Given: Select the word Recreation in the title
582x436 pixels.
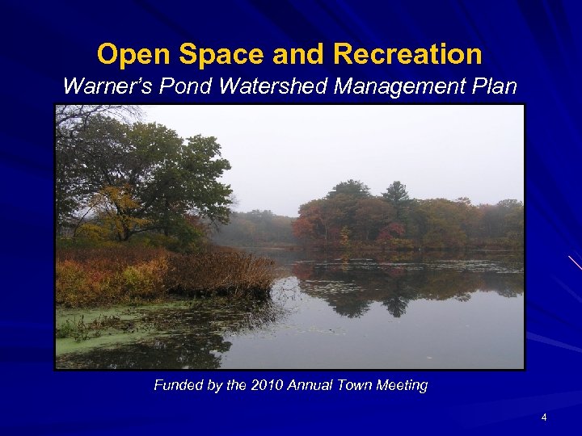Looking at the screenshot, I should (407, 55).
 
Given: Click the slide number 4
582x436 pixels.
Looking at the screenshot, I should (544, 417).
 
